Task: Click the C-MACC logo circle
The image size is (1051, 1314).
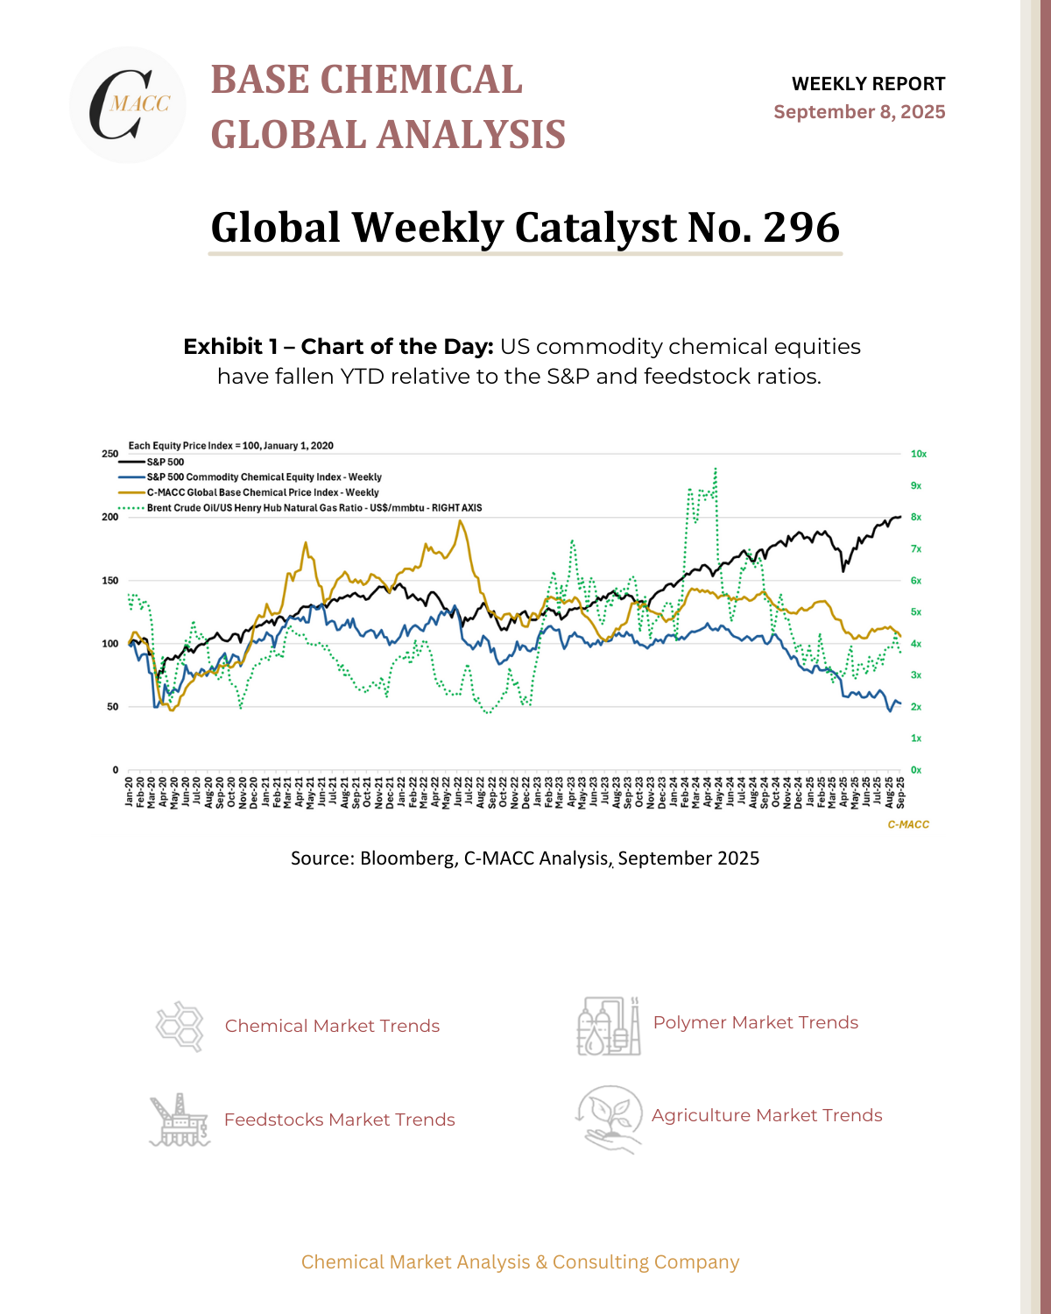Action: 128,105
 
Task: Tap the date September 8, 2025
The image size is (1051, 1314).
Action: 859,112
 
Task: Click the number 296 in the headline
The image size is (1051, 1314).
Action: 801,227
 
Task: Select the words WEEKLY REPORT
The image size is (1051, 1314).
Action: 868,84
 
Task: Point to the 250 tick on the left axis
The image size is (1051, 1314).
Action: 109,454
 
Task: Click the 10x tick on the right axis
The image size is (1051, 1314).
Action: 919,454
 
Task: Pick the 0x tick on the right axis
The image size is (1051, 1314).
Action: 916,770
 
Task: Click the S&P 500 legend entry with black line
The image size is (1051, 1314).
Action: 165,462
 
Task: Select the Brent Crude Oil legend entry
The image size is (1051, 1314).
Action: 314,508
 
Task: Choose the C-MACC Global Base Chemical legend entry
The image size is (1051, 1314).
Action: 262,492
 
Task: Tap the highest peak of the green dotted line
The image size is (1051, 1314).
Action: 716,469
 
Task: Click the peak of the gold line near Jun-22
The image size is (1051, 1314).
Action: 460,521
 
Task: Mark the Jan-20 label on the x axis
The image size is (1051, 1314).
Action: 129,791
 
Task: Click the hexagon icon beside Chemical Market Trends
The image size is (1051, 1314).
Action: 180,1026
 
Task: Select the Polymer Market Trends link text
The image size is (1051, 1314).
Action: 755,1022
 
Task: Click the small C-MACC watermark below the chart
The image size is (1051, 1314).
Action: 908,824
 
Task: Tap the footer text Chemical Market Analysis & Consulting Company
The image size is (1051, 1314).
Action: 520,1262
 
